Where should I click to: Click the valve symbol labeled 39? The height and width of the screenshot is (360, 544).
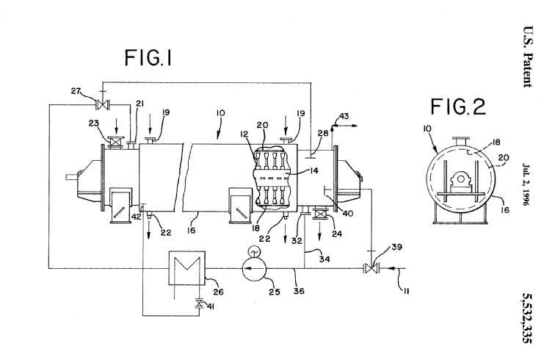pyautogui.click(x=369, y=270)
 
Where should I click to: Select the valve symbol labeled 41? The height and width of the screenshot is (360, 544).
pyautogui.click(x=198, y=302)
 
